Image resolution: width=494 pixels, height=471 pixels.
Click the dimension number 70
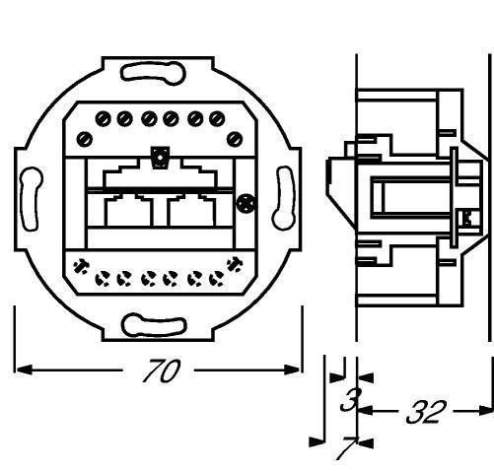tap(162, 370)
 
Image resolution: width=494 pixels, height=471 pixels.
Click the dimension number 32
tap(426, 412)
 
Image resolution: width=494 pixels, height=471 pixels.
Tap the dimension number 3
tap(351, 399)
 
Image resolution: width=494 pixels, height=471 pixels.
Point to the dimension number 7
tap(346, 448)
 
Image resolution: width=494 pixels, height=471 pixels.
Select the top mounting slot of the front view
tap(153, 72)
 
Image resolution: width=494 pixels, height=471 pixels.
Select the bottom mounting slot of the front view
tap(154, 325)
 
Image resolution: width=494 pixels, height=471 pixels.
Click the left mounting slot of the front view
tap(31, 199)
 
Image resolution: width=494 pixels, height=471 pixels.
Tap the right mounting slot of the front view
tap(284, 198)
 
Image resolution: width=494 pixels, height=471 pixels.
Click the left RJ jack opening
tap(129, 210)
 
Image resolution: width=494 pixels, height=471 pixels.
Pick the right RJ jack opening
tap(191, 210)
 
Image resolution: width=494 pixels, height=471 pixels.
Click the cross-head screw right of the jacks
tap(247, 204)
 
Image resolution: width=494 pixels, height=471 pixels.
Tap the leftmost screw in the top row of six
tap(103, 119)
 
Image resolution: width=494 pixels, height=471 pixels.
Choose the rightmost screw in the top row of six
tap(217, 119)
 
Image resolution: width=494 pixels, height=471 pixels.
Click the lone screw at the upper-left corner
tap(85, 139)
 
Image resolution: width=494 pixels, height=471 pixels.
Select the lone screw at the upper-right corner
tap(235, 139)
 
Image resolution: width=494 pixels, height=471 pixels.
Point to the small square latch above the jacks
tap(160, 158)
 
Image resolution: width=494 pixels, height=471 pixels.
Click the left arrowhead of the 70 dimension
tap(25, 370)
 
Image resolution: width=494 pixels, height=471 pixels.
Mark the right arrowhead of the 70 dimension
tap(292, 370)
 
